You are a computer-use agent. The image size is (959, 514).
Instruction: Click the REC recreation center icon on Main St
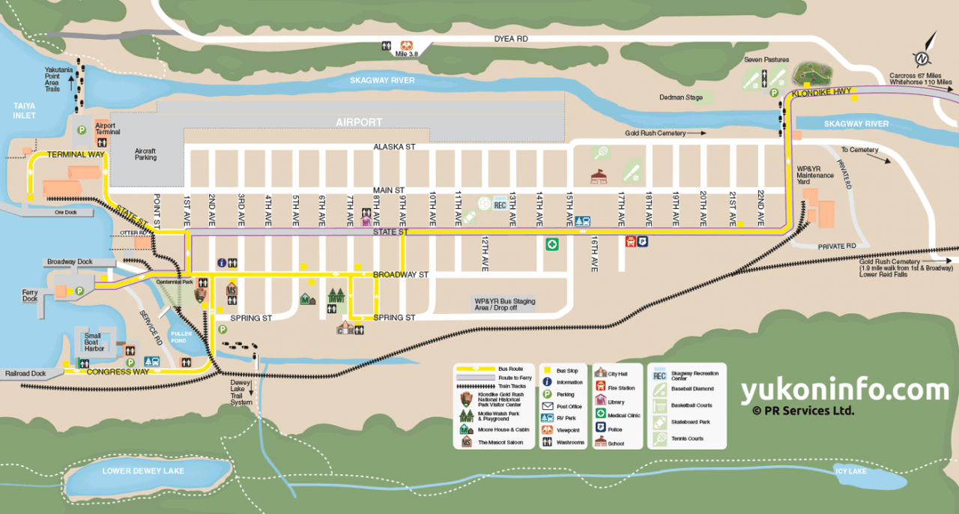pyautogui.click(x=500, y=204)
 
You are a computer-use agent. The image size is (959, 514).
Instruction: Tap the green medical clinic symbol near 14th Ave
pyautogui.click(x=552, y=244)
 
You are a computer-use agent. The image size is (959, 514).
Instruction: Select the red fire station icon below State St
pyautogui.click(x=631, y=241)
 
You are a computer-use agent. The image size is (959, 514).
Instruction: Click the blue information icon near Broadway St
pyautogui.click(x=222, y=262)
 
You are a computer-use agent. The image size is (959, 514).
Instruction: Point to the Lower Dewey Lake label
pyautogui.click(x=143, y=471)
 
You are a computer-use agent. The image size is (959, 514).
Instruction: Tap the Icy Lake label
pyautogui.click(x=850, y=471)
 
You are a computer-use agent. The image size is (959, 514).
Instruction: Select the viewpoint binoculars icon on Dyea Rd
pyautogui.click(x=405, y=45)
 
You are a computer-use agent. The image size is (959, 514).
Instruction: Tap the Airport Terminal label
pyautogui.click(x=107, y=129)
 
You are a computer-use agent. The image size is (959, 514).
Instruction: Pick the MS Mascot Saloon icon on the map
pyautogui.click(x=232, y=290)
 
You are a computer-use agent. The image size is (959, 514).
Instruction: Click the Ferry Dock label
pyautogui.click(x=31, y=295)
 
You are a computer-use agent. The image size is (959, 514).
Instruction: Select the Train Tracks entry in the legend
pyautogui.click(x=512, y=386)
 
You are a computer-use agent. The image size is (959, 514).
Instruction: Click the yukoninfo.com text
pyautogui.click(x=844, y=390)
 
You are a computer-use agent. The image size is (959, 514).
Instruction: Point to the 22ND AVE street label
pyautogui.click(x=760, y=208)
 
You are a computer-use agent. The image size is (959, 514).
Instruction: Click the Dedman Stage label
pyautogui.click(x=680, y=97)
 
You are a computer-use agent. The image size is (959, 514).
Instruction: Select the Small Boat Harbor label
pyautogui.click(x=94, y=341)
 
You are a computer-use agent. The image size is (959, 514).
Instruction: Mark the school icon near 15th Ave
pyautogui.click(x=598, y=177)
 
